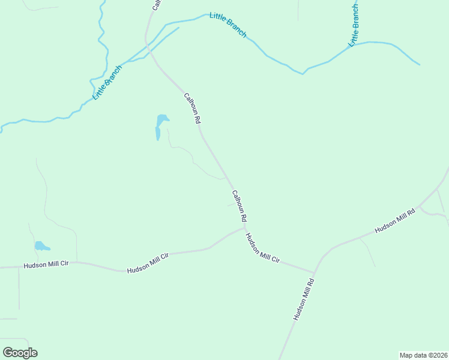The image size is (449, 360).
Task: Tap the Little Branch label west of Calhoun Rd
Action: click(x=107, y=82)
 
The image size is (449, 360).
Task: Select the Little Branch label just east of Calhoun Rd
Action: click(x=228, y=25)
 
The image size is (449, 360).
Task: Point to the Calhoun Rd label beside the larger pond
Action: click(x=192, y=108)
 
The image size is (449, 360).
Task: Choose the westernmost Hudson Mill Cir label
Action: click(x=47, y=265)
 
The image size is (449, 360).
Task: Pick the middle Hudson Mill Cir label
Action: click(x=148, y=263)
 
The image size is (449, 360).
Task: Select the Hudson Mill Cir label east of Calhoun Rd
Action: click(x=263, y=248)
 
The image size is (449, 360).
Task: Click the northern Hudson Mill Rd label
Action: click(x=395, y=221)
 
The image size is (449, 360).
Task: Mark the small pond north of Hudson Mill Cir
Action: click(x=41, y=246)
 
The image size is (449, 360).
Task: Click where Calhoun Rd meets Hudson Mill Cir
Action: click(x=245, y=227)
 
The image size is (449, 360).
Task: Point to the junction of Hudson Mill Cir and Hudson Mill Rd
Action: click(x=315, y=272)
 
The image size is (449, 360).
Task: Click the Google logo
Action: click(x=20, y=353)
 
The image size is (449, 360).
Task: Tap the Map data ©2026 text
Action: click(x=423, y=355)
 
